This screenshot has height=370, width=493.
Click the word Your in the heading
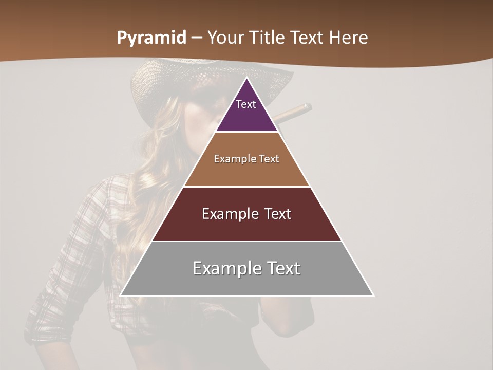coord(225,38)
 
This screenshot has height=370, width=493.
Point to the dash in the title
coord(196,38)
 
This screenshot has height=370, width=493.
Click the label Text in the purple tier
coord(246,104)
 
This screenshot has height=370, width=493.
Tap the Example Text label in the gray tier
coord(246,268)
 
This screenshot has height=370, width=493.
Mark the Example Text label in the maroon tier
coord(246,214)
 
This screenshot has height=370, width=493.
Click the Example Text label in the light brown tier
coord(246,159)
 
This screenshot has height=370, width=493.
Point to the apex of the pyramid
coord(246,79)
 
